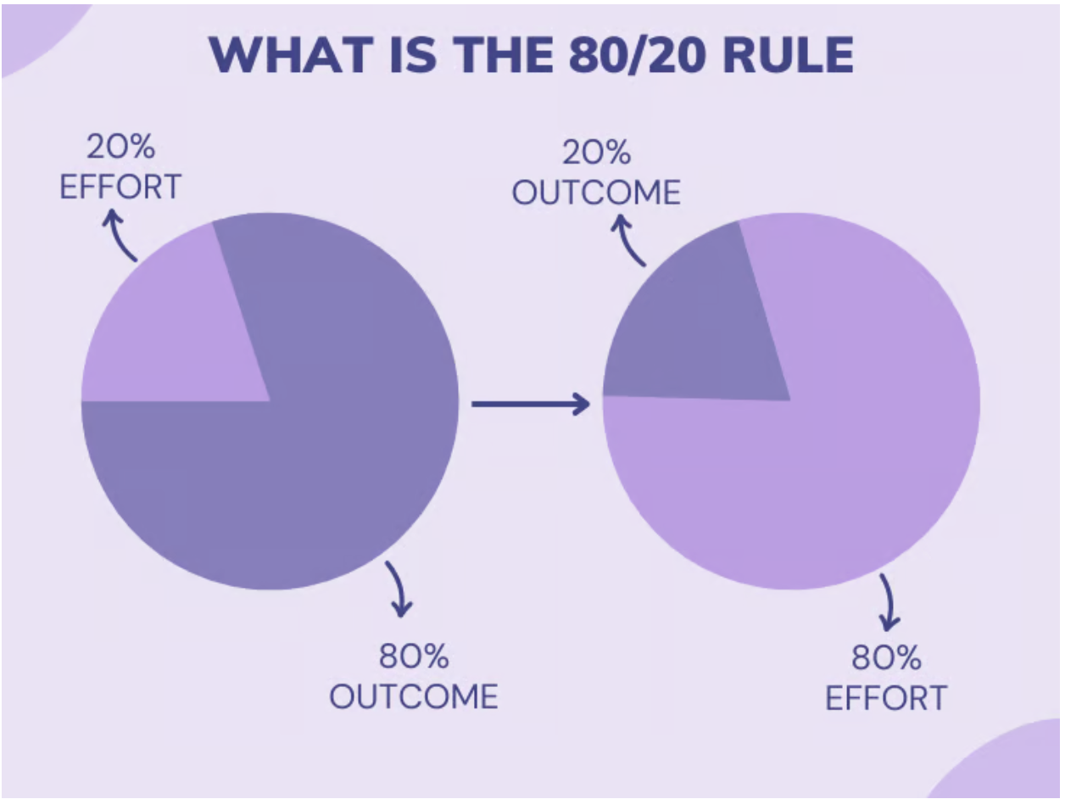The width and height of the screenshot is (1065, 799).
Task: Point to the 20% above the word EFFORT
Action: pos(120,146)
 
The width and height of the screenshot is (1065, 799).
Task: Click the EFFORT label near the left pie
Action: pos(120,187)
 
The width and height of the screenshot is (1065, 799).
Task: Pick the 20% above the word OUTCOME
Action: pos(596,153)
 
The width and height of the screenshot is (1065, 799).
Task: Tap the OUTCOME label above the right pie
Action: pos(596,192)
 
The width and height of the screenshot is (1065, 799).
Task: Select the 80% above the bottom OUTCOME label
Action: pos(414,656)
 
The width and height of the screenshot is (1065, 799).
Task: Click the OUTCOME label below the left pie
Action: pos(414,696)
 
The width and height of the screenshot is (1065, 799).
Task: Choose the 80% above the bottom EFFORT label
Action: pos(886,658)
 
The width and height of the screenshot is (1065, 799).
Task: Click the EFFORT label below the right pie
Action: pos(886,698)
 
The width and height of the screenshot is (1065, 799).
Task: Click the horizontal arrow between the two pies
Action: pos(531,404)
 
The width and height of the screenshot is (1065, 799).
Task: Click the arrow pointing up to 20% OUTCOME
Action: pos(627,241)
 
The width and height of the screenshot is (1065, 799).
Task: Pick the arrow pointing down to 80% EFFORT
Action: pos(889,601)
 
